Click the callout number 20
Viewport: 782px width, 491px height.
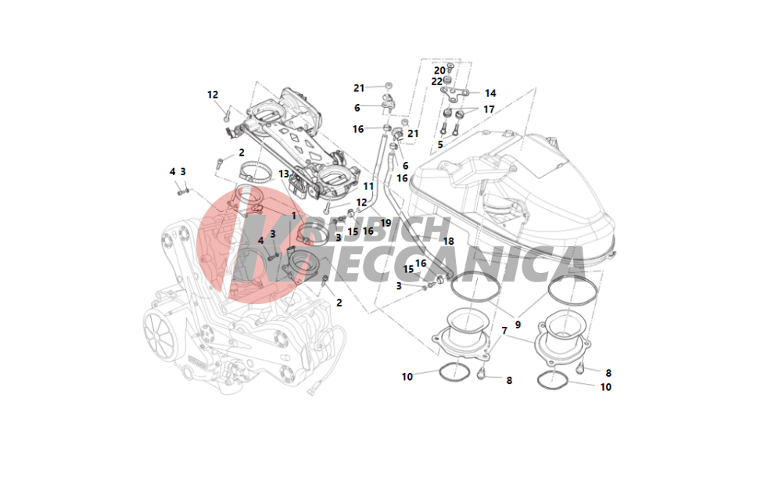(439, 70)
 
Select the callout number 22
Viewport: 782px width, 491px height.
(437, 81)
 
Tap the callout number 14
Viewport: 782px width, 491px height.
(490, 93)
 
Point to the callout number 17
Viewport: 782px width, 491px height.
(489, 109)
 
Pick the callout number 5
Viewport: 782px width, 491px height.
(440, 145)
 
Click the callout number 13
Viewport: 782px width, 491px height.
(284, 174)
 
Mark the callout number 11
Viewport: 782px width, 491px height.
(368, 186)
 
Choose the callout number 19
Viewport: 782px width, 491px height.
(386, 223)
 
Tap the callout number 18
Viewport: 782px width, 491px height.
(448, 242)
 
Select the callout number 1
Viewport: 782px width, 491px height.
(294, 216)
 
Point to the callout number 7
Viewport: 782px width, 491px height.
(504, 331)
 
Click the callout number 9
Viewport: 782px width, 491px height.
(518, 324)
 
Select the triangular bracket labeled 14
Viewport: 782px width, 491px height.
(455, 94)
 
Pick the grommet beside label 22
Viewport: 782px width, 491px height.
(448, 80)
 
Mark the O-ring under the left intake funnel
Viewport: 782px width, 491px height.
(454, 372)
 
